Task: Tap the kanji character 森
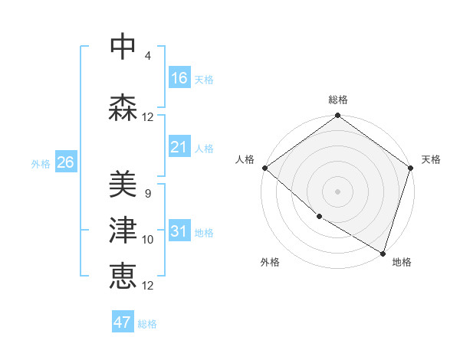click(x=123, y=108)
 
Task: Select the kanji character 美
click(x=123, y=184)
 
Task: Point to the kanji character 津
click(x=123, y=231)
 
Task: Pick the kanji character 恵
click(x=123, y=276)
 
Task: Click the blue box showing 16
click(x=179, y=78)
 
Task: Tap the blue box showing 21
click(x=179, y=147)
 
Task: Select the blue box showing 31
click(x=179, y=231)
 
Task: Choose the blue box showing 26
click(x=65, y=162)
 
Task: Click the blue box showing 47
click(x=123, y=322)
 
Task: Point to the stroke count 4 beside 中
click(x=147, y=56)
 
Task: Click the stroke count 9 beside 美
click(x=147, y=194)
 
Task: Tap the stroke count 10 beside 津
click(x=148, y=240)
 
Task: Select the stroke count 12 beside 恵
click(x=148, y=286)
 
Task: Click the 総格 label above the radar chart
click(x=338, y=100)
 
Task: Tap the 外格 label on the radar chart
click(x=269, y=262)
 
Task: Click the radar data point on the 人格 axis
click(x=264, y=168)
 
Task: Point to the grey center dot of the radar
click(x=338, y=191)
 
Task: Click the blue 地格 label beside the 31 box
click(x=204, y=233)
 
